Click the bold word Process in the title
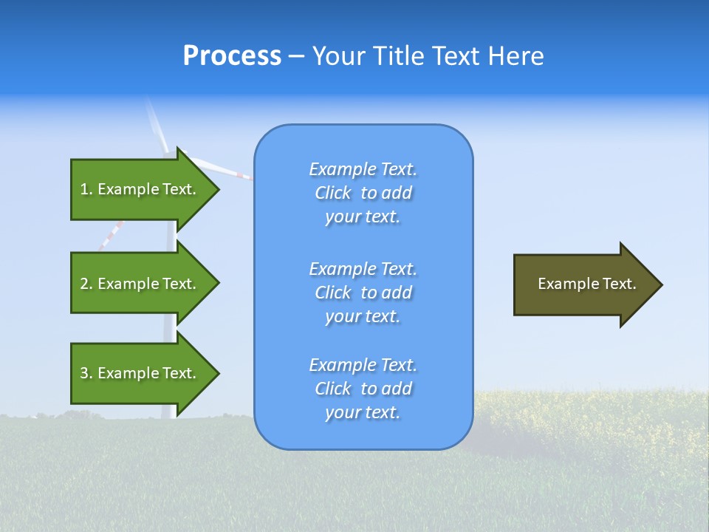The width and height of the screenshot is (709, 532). [232, 56]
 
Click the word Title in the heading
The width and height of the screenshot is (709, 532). [399, 56]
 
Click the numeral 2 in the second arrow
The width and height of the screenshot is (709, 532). [84, 284]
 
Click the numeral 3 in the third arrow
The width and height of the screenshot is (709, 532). [84, 373]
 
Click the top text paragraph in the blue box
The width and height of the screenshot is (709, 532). [363, 193]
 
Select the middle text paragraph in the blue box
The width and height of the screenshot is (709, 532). [363, 293]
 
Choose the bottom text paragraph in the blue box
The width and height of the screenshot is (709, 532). [363, 389]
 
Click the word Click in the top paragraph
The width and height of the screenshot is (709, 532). [333, 194]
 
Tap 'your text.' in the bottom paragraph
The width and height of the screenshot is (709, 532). [363, 413]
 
